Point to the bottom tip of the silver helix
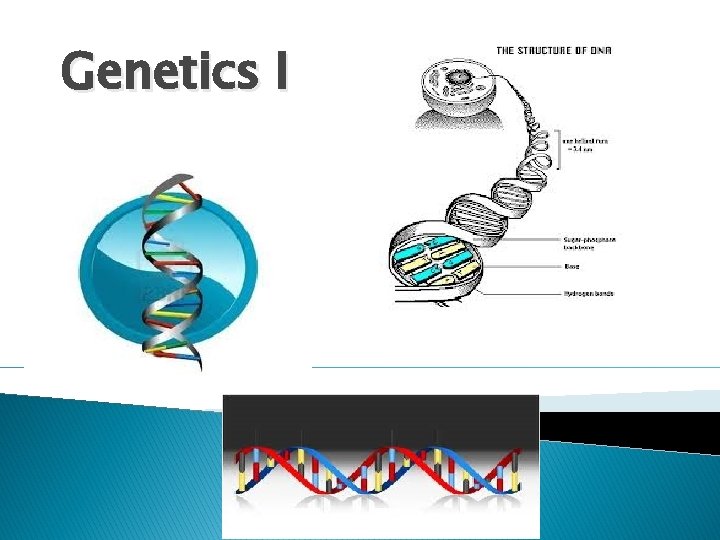tap(199, 367)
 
